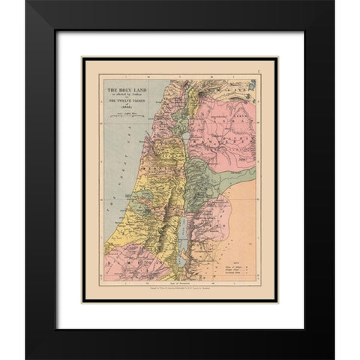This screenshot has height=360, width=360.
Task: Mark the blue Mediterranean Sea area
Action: [x=105, y=157]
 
